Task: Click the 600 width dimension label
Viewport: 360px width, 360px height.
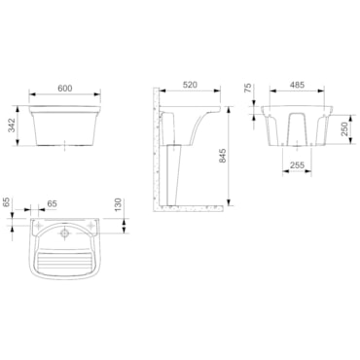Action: (x=65, y=88)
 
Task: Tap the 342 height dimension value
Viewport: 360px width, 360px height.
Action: (x=12, y=126)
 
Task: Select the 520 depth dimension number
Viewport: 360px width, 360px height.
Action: (x=190, y=85)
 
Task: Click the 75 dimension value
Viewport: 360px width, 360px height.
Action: (x=247, y=89)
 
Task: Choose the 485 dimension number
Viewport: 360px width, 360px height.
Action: (x=297, y=85)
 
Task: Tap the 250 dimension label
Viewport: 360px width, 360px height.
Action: (x=344, y=128)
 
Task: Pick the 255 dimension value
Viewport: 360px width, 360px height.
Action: (x=297, y=165)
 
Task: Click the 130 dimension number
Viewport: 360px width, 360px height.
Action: (x=118, y=205)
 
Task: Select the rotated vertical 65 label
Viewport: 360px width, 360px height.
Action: (x=6, y=202)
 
